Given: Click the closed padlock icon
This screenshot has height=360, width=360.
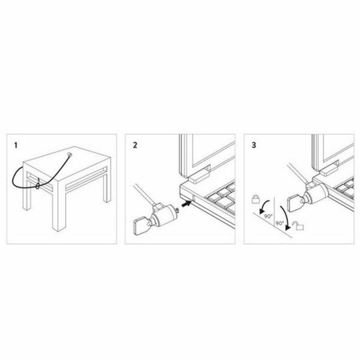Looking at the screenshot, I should click(256, 199).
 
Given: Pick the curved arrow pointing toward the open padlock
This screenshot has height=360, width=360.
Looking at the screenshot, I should click(283, 216).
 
